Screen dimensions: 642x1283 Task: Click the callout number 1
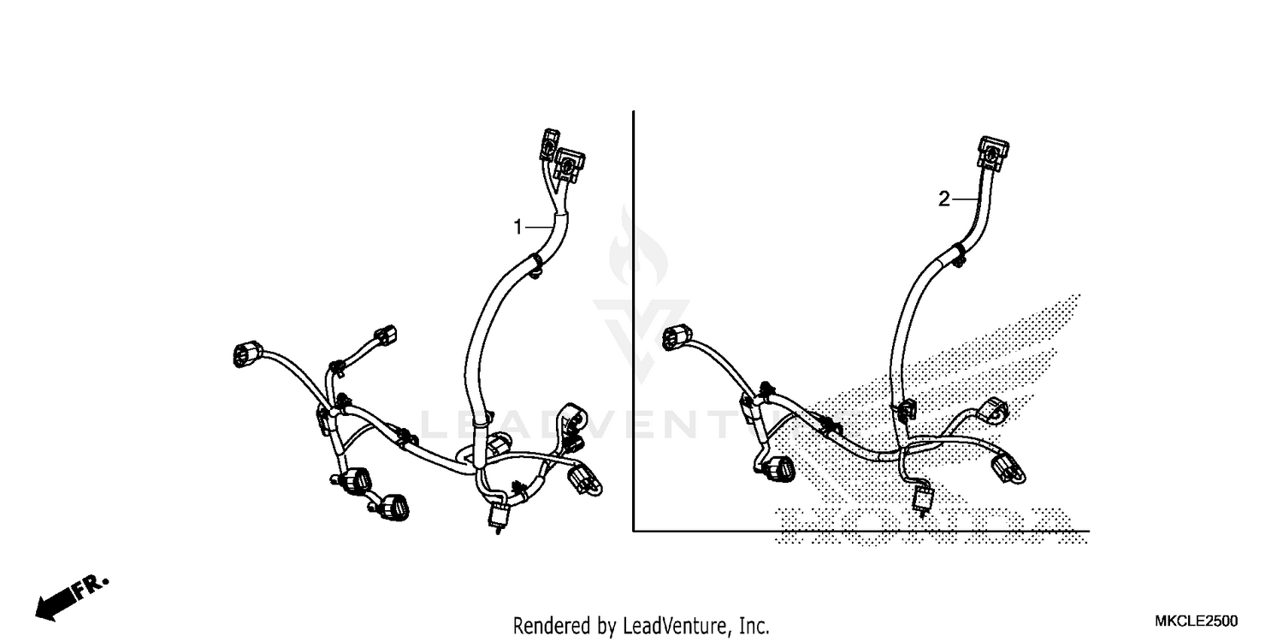click(517, 227)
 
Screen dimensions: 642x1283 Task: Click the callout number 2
click(943, 199)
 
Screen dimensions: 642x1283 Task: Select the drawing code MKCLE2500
click(1196, 621)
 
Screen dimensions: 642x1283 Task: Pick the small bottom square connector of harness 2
click(923, 498)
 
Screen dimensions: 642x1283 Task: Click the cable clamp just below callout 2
click(954, 253)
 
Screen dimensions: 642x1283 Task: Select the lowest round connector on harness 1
click(394, 507)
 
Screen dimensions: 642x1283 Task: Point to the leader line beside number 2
click(964, 199)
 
